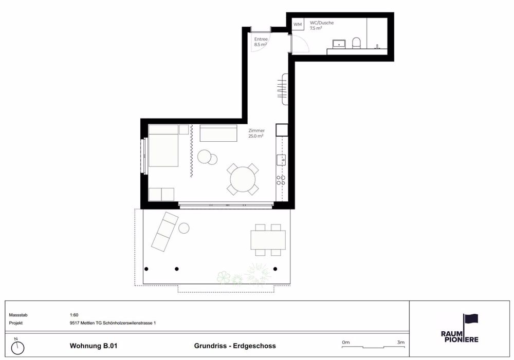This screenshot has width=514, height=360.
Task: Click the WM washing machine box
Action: [x=298, y=24]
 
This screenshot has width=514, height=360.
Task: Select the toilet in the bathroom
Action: [x=356, y=43]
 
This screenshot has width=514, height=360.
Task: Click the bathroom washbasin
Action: [x=339, y=44]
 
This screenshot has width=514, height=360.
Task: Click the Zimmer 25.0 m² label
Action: [x=256, y=133]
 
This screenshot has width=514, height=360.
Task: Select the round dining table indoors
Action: [x=243, y=180]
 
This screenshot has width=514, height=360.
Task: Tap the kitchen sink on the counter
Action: [x=281, y=160]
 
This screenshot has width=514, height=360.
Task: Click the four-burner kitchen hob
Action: [x=281, y=180]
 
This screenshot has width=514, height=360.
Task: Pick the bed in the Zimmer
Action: [x=163, y=145]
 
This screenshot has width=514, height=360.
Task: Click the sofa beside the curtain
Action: [x=218, y=133]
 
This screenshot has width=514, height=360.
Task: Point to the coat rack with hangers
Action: [x=283, y=89]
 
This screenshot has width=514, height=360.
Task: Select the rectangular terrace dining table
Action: [x=268, y=240]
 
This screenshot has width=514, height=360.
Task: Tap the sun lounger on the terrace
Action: [x=164, y=231]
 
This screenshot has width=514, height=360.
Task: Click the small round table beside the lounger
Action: [x=184, y=228]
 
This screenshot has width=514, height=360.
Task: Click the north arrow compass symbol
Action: [x=17, y=347]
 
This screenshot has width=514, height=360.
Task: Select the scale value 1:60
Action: [x=74, y=315]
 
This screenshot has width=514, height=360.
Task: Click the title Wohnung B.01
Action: [x=94, y=346]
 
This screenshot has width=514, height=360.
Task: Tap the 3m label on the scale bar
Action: [x=400, y=343]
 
